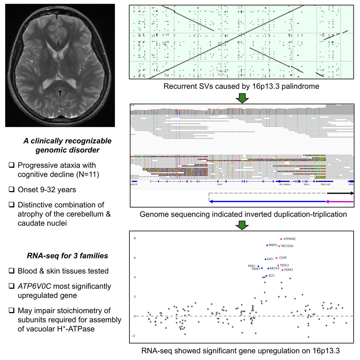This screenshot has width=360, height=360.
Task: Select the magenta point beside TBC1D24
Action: pyautogui.click(x=279, y=246)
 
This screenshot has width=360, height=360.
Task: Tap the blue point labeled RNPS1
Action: pyautogui.click(x=267, y=245)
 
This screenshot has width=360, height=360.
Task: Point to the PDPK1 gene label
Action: pyautogui.click(x=288, y=270)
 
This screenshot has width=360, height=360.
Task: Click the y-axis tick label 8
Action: pyautogui.click(x=134, y=239)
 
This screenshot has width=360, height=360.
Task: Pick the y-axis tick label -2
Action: pyautogui.click(x=134, y=336)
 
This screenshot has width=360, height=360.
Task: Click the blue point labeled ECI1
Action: pyautogui.click(x=266, y=276)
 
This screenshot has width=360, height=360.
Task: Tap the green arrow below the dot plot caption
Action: pyautogui.click(x=241, y=98)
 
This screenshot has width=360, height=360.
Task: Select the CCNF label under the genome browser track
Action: pyautogui.click(x=219, y=184)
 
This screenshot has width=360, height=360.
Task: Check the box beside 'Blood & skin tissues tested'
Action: pyautogui.click(x=12, y=271)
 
